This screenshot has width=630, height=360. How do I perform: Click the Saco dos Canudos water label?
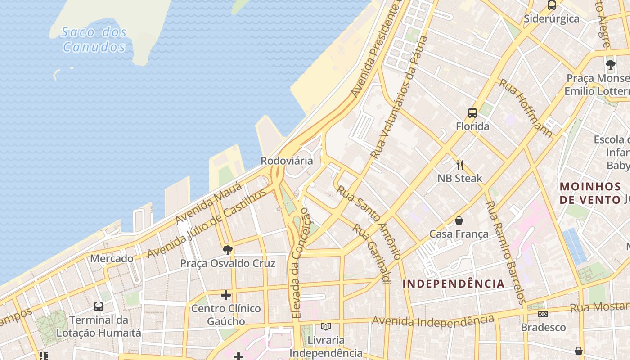point(94,39)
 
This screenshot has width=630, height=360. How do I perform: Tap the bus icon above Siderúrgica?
point(551,5)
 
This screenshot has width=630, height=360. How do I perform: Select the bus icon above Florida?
point(472,113)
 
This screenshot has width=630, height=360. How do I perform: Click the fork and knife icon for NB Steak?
point(459,165)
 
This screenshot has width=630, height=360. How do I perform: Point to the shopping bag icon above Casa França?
point(459,220)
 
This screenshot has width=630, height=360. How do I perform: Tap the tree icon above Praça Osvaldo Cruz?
point(228,250)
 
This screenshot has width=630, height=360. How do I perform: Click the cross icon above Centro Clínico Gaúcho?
point(226,295)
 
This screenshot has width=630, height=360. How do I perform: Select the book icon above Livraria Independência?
point(325,327)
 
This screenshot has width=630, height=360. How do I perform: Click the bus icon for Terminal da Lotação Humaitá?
point(99,306)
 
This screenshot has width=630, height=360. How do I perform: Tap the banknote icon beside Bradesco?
point(543,314)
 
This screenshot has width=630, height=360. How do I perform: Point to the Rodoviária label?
point(287,161)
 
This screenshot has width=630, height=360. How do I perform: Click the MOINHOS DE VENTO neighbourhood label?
point(590,193)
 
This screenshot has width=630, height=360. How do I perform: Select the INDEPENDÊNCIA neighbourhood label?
point(453,284)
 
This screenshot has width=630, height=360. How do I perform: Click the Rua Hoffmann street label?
point(526,108)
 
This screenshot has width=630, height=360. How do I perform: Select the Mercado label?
point(112,258)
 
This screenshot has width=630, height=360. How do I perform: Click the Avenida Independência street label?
point(433,321)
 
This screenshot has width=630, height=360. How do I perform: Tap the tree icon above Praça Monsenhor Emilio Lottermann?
point(610,65)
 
